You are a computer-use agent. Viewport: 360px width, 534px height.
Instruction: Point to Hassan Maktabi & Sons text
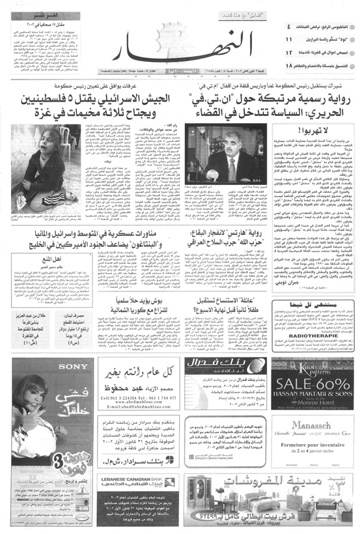click(x=315, y=391)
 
